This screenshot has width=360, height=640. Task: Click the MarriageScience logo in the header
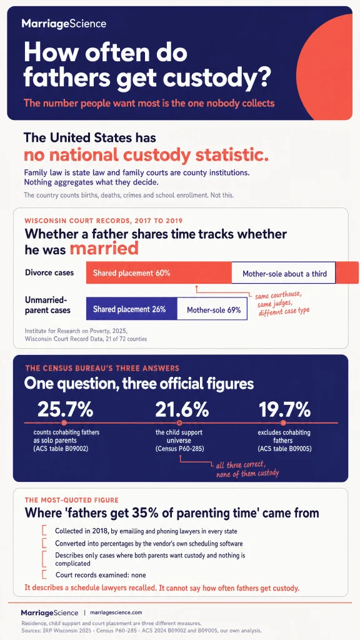pos(64,24)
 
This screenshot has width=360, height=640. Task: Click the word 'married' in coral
pos(104,249)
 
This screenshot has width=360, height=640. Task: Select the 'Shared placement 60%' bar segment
pos(159,273)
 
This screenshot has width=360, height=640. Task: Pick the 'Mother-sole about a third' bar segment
pos(284,273)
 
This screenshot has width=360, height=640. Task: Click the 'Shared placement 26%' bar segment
pos(131,309)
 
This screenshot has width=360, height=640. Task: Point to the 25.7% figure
pos(65,409)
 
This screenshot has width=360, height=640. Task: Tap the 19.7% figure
pos(284,409)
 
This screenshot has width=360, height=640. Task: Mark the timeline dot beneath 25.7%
pos(64,423)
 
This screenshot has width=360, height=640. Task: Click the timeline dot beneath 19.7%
pos(283,423)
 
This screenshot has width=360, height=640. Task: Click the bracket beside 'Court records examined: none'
pos(44,575)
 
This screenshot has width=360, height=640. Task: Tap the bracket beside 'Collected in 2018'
pos(44,531)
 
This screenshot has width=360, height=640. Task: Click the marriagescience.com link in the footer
pos(116,612)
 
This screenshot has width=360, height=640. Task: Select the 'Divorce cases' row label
pos(49,272)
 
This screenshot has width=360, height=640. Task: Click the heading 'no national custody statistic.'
pos(146,156)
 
